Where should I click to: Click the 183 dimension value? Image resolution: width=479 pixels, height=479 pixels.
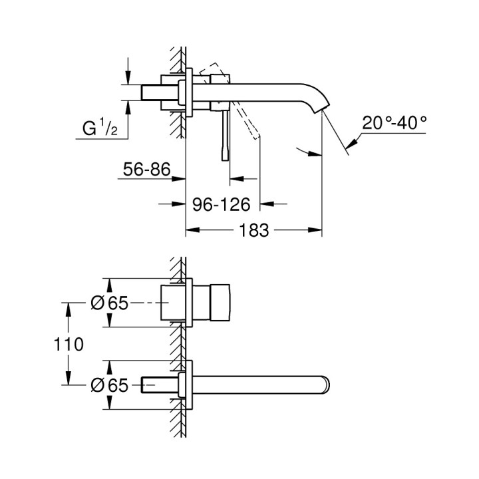tap(254, 230)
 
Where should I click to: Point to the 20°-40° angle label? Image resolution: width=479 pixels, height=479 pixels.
tap(395, 122)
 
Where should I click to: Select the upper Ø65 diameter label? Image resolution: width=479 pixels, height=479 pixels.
tap(108, 303)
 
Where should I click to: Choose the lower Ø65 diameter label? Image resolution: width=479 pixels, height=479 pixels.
tap(108, 384)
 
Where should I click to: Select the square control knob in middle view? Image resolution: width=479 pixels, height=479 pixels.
tap(220, 303)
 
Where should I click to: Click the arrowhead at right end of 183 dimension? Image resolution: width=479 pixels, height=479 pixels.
tap(318, 230)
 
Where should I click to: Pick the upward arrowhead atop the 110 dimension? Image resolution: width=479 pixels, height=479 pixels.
tap(67, 307)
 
